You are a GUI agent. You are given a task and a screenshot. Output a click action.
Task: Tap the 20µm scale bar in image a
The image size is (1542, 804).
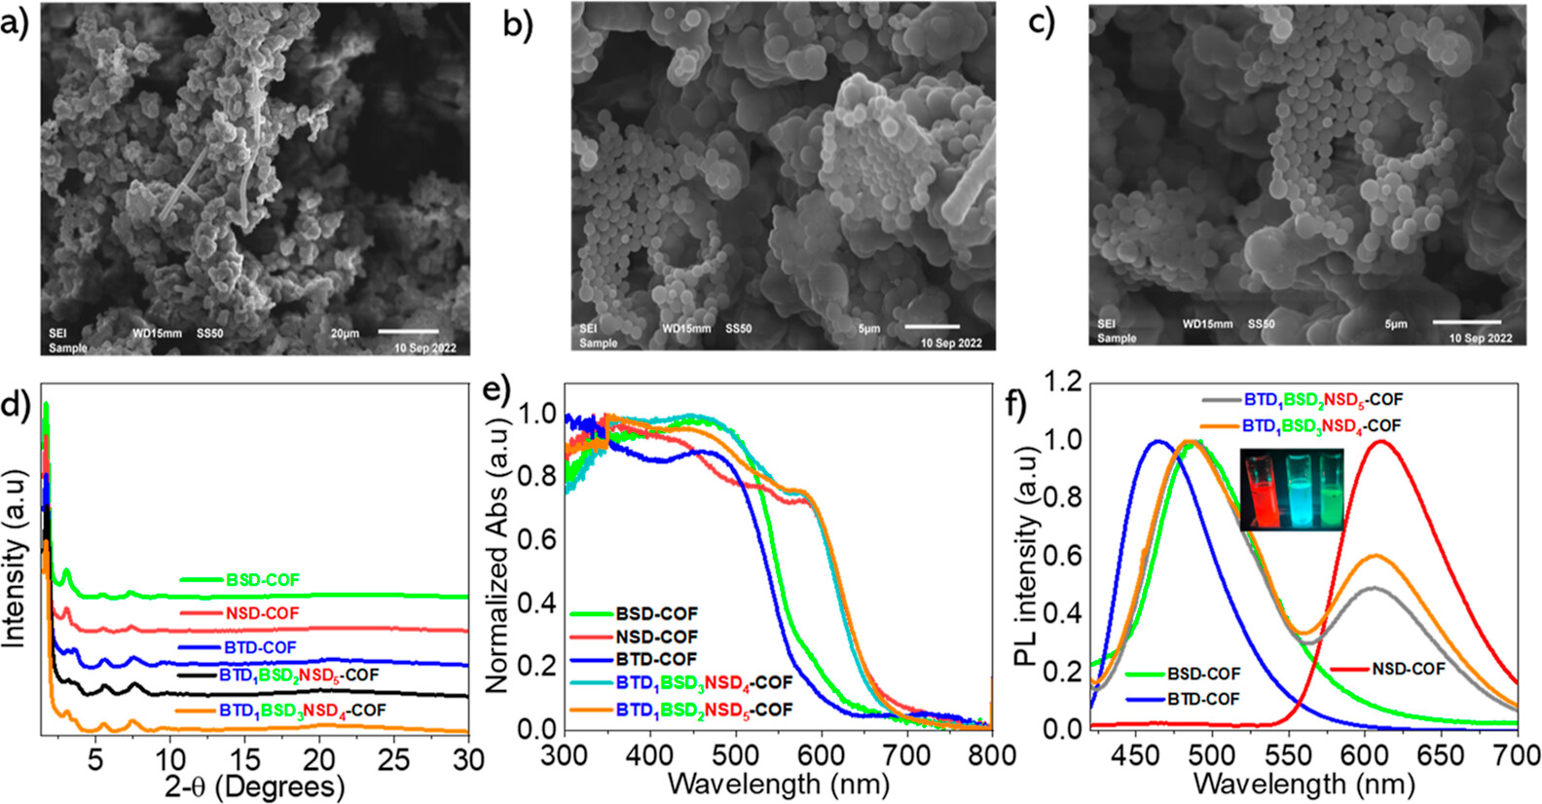tap(408, 332)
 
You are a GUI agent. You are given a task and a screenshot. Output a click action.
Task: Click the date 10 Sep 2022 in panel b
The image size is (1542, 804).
tap(951, 343)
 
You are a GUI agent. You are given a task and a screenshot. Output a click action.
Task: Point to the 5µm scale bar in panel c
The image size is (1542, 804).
tap(1466, 321)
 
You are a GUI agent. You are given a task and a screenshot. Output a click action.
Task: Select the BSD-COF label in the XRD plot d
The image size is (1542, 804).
tap(263, 580)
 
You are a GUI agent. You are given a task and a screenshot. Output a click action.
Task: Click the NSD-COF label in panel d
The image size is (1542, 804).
tap(262, 613)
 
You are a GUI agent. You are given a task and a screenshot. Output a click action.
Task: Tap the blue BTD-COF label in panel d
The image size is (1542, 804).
tap(260, 647)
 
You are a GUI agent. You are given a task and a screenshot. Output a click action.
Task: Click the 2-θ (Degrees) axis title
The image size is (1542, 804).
tap(254, 786)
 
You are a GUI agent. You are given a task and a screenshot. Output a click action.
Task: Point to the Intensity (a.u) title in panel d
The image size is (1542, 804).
tap(14, 560)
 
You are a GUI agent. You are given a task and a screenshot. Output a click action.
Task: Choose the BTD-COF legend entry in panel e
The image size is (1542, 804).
tap(656, 660)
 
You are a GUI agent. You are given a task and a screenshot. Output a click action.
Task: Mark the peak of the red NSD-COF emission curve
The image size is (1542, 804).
tap(1380, 441)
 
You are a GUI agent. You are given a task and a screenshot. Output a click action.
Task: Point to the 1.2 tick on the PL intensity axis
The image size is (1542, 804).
tap(1062, 382)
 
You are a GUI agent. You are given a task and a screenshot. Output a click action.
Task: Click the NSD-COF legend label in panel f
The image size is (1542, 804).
tap(1408, 669)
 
